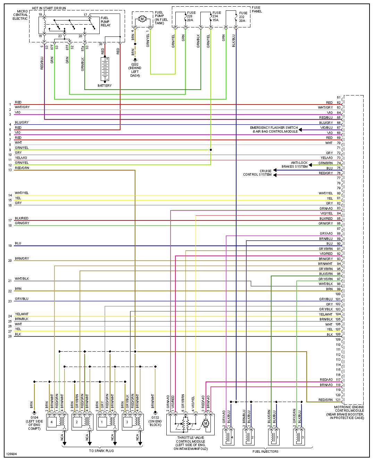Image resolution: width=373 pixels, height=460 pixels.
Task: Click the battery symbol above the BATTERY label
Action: click(x=105, y=69)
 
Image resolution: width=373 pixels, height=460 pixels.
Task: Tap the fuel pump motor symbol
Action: click(x=142, y=19)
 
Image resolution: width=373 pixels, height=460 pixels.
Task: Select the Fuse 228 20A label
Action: click(x=191, y=16)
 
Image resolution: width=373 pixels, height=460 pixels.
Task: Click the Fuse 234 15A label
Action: click(x=216, y=16)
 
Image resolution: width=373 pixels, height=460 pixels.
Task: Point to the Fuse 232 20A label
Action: click(x=242, y=17)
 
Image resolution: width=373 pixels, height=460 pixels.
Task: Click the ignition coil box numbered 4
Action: click(x=52, y=422)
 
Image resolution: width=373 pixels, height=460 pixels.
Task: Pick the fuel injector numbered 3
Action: click(x=299, y=437)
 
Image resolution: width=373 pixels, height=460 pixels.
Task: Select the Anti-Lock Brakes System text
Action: click(x=295, y=165)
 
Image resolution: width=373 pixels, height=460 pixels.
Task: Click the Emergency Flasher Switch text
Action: click(x=274, y=128)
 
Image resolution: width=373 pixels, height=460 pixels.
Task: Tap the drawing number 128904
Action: click(x=11, y=454)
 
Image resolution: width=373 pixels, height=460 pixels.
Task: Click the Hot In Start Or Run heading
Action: click(x=49, y=8)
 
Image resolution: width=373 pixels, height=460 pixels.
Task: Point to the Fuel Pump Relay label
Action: click(x=105, y=22)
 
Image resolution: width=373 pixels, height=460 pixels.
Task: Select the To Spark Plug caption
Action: click(x=101, y=451)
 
